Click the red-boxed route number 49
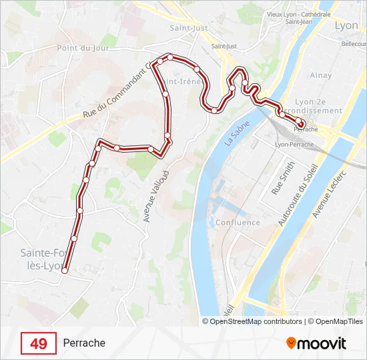click(39, 343)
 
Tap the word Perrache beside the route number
click(84, 343)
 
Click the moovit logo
click(316, 343)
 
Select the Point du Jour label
click(82, 48)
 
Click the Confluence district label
click(238, 223)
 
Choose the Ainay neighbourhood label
click(321, 75)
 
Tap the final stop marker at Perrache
click(301, 124)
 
